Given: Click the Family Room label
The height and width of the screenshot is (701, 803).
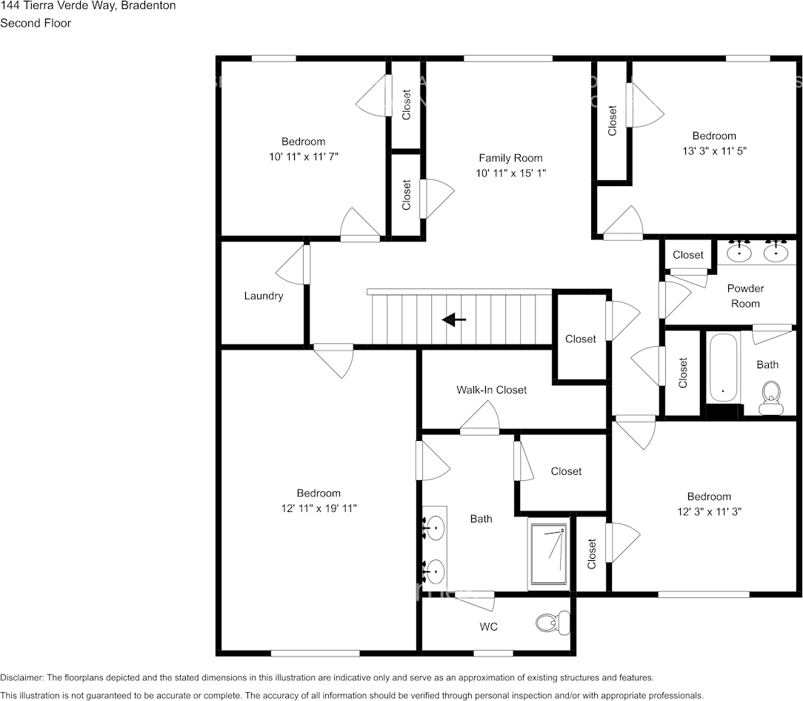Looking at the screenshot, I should tap(510, 158).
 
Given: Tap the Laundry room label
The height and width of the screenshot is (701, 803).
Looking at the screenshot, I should tap(264, 296).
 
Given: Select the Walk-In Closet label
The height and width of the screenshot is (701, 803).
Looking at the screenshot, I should tap(491, 390).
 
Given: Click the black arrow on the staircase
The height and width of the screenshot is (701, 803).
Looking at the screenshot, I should tap(454, 319).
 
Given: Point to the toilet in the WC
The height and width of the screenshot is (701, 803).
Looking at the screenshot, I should tap(553, 622).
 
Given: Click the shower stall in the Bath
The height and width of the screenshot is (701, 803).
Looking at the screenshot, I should tap(549, 554).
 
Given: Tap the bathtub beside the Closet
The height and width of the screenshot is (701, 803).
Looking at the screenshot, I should tap(722, 368).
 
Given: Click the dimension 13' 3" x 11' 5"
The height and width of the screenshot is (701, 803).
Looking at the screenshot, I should tap(714, 150).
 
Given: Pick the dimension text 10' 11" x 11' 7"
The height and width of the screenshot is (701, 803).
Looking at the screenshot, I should tap(303, 156).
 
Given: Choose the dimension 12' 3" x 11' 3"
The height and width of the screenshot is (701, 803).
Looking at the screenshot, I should tap(709, 511).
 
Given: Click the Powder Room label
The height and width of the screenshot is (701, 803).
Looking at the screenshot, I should tap(745, 296).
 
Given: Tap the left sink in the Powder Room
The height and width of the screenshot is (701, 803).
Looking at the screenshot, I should tap(739, 253).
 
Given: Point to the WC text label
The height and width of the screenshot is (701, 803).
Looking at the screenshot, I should tap(488, 627).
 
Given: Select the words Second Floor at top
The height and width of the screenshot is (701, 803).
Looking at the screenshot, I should tap(36, 23).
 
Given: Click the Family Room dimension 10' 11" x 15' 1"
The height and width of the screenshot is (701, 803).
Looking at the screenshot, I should tap(510, 173).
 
